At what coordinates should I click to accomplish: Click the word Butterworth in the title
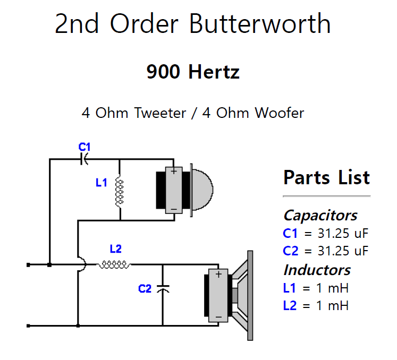pos(260,24)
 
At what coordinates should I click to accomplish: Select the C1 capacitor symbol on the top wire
pos(84,159)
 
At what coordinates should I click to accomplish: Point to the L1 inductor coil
pos(120,191)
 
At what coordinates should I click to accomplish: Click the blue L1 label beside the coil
pos(102,183)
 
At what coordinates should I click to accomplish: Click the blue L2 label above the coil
pos(115,248)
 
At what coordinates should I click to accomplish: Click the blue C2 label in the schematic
pos(145,289)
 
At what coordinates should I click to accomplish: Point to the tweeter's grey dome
pos(202,189)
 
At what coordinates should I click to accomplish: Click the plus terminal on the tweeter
pos(173,172)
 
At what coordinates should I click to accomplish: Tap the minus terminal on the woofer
pos(218,316)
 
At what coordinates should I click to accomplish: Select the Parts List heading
pos(326,177)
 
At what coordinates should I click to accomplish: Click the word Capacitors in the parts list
pos(320,215)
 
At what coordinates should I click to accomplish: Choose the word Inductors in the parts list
pos(317,270)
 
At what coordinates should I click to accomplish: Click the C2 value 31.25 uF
pos(334,251)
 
